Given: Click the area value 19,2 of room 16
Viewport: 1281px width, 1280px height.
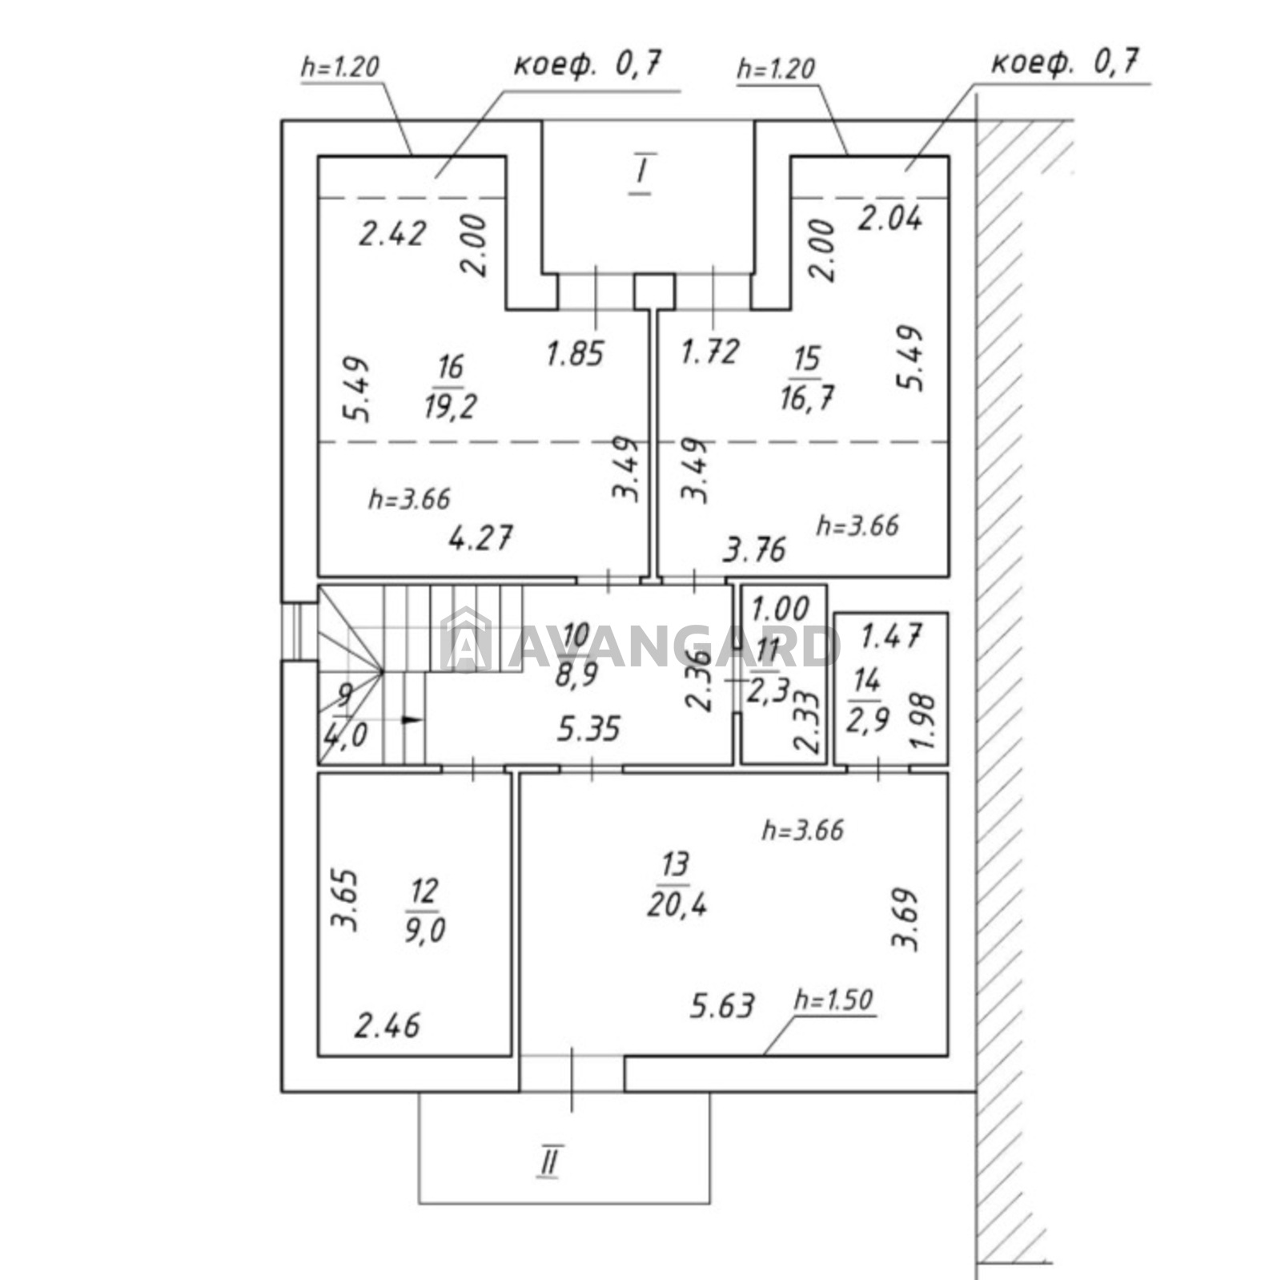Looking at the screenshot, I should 450,406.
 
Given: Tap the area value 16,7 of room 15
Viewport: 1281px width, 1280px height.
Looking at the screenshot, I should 806,396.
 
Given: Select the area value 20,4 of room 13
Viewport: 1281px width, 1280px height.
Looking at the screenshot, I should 677,905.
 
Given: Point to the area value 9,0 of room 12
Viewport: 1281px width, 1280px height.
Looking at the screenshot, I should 424,931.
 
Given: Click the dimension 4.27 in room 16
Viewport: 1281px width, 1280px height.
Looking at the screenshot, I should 480,537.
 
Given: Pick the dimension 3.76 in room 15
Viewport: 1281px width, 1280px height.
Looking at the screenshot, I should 754,549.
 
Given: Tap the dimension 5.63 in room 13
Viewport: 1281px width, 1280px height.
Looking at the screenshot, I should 722,1006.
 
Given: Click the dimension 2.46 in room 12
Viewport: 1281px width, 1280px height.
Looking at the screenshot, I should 387,1025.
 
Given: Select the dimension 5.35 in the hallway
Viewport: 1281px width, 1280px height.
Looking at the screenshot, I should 588,729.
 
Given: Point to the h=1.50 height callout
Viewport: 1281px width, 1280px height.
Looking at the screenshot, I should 833,1000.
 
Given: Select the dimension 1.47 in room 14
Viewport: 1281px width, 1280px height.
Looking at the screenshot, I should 890,637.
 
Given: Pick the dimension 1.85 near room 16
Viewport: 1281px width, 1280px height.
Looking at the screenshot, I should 574,353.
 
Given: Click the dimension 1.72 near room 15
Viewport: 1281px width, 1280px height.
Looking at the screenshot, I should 709,351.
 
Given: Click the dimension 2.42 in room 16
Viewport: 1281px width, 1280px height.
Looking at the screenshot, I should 392,235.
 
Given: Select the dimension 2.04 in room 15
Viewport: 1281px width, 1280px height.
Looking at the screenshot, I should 889,218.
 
